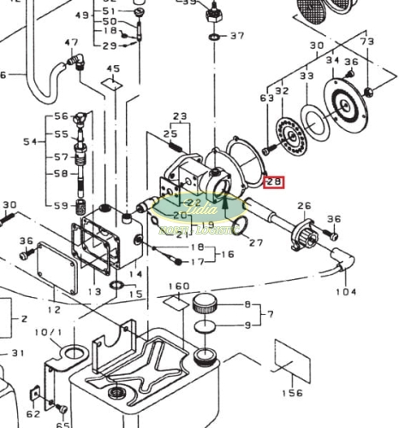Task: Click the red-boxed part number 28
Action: pos(274,181)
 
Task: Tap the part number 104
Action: pos(346,292)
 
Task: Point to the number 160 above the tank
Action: pos(179,285)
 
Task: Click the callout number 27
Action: pos(256,242)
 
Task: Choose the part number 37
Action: pos(237,36)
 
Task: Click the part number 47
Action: pos(71,42)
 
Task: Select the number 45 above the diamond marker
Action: pos(113,68)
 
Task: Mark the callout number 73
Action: pos(366,41)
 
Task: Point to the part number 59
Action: pos(61,205)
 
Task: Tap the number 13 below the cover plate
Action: pos(93,292)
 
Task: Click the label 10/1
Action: pos(48,331)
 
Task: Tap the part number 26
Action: pos(303,205)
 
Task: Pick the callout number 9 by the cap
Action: pos(248,324)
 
